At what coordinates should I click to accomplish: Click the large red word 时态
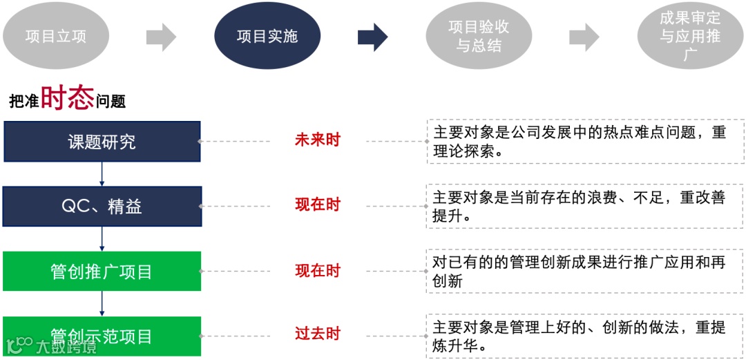(67, 99)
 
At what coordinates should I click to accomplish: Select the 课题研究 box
(102, 142)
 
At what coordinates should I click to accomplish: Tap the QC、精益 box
(102, 206)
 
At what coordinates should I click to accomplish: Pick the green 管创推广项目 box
(102, 271)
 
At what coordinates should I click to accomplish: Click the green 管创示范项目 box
(102, 337)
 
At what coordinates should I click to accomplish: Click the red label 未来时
(318, 140)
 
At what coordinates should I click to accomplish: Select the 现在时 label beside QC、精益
(318, 205)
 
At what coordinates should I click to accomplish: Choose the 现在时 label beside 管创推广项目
(318, 271)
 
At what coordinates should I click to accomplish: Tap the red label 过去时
(318, 334)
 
